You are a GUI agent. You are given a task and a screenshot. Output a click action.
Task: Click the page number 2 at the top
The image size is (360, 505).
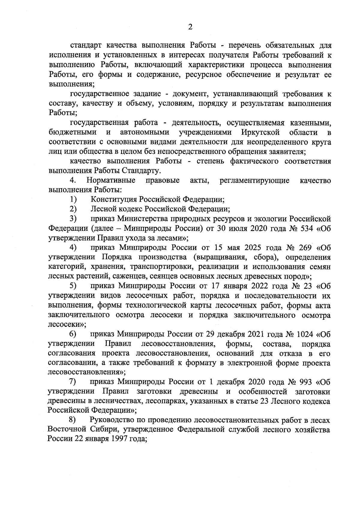click(x=190, y=27)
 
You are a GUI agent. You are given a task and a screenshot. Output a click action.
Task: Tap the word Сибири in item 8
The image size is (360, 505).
click(x=101, y=429)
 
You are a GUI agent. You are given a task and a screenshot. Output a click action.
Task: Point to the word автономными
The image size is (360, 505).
click(x=144, y=132)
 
